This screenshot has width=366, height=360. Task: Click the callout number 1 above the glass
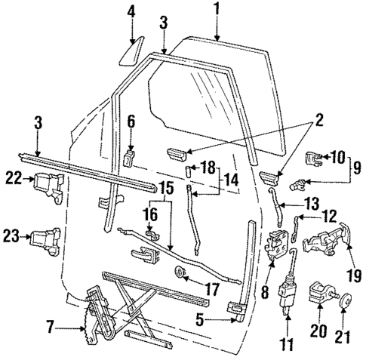[217, 10]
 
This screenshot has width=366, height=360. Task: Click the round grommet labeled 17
[181, 272]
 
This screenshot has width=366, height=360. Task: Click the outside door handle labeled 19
[326, 242]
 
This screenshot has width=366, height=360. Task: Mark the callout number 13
[290, 203]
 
